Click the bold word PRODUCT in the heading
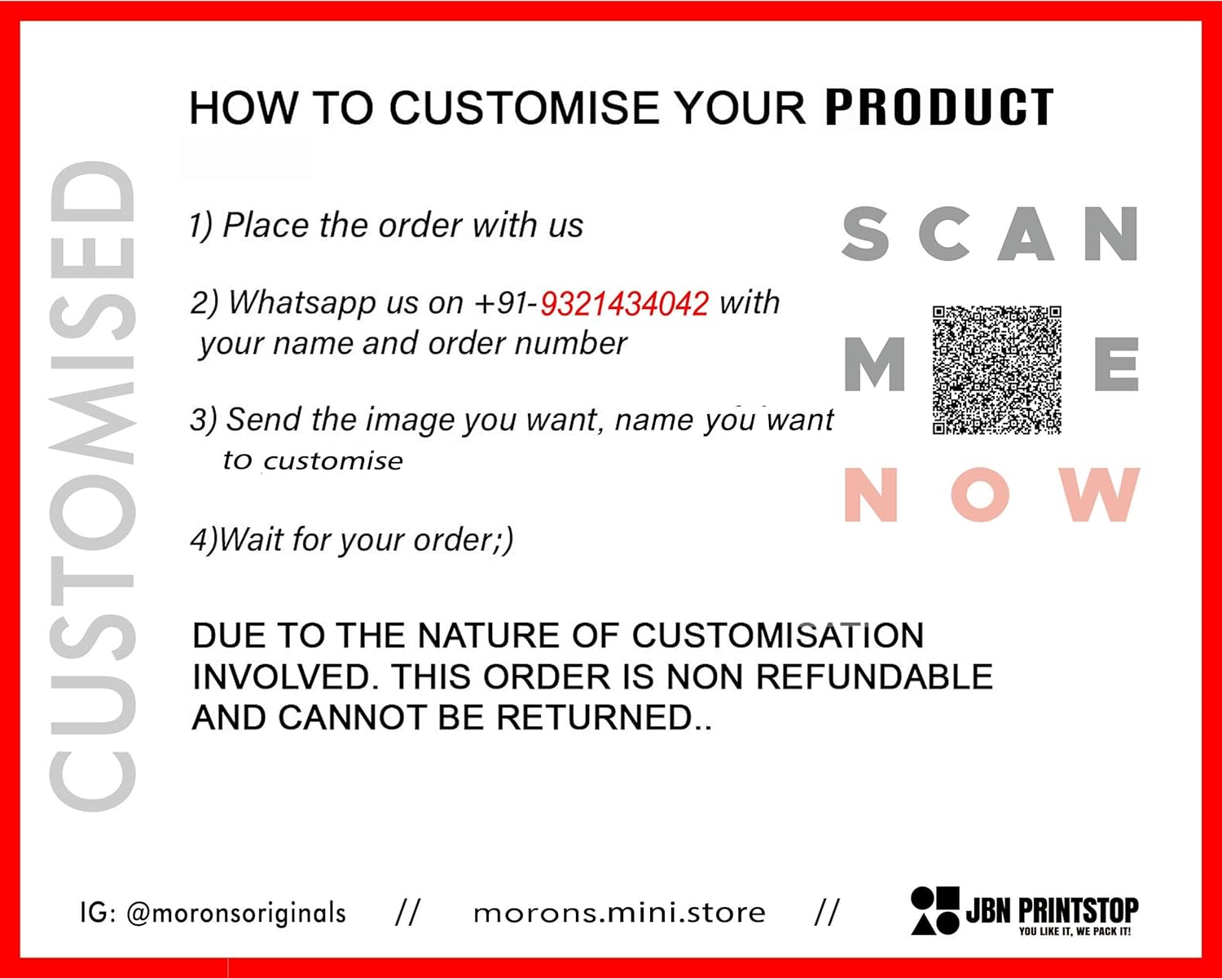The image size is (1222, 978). (939, 107)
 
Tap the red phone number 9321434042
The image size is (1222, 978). (624, 303)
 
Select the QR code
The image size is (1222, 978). (996, 370)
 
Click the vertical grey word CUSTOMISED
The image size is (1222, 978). (93, 486)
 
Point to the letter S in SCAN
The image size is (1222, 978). (865, 234)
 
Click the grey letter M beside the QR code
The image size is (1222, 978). (874, 363)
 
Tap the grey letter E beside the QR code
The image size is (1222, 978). (1116, 363)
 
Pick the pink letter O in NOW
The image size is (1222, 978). (980, 494)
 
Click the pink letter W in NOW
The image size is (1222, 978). (1102, 494)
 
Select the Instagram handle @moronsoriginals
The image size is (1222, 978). (235, 914)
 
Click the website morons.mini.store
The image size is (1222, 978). (619, 914)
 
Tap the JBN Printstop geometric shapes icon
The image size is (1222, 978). (935, 910)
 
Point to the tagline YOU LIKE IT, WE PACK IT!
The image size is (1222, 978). (1075, 932)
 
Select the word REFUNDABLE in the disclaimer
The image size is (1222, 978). (874, 676)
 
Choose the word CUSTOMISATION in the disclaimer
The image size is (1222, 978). (778, 636)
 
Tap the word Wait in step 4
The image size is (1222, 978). (251, 540)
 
